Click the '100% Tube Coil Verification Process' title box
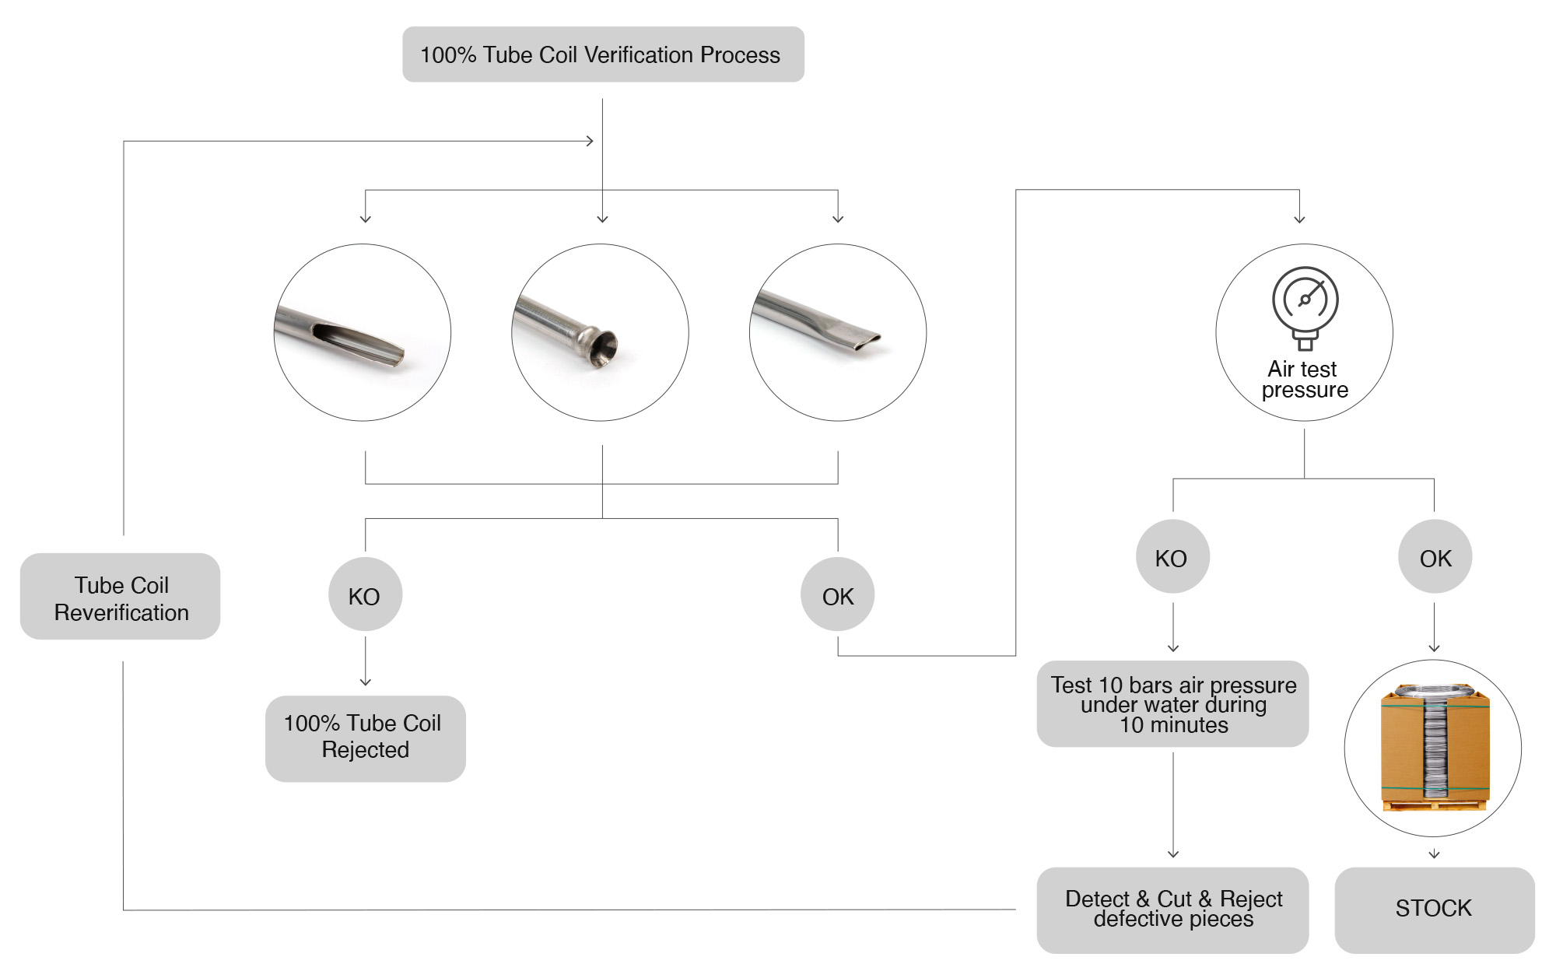tap(603, 54)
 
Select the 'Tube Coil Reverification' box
tap(121, 598)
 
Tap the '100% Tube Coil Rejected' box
tap(365, 738)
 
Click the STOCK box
tap(1434, 909)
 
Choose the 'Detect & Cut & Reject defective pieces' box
tap(1172, 909)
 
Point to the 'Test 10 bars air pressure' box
tap(1172, 704)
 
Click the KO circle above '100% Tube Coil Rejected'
tap(365, 595)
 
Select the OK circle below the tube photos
tap(837, 595)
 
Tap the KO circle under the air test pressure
tap(1172, 557)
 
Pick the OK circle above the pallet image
tap(1435, 557)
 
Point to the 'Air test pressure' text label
tap(1304, 379)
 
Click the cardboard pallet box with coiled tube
tap(1434, 748)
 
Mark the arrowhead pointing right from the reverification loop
tap(590, 141)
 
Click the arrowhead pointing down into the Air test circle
tap(1299, 219)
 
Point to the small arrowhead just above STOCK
tap(1434, 854)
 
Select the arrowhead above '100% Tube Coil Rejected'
tap(365, 682)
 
